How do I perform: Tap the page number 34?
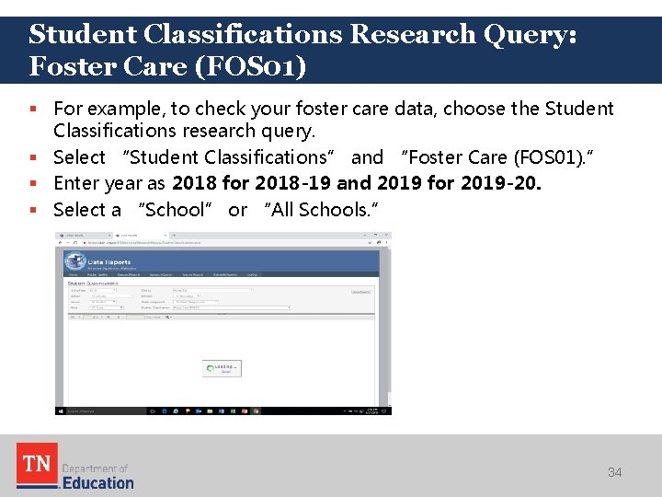[x=614, y=472]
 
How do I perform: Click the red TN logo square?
[x=37, y=465]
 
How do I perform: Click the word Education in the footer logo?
[x=97, y=482]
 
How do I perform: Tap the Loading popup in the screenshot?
[x=223, y=368]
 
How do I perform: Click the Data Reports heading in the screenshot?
[x=108, y=262]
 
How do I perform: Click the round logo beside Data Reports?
[x=77, y=262]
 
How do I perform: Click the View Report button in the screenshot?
[x=361, y=292]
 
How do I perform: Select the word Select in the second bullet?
[x=79, y=157]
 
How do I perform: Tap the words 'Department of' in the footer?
[x=94, y=468]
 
